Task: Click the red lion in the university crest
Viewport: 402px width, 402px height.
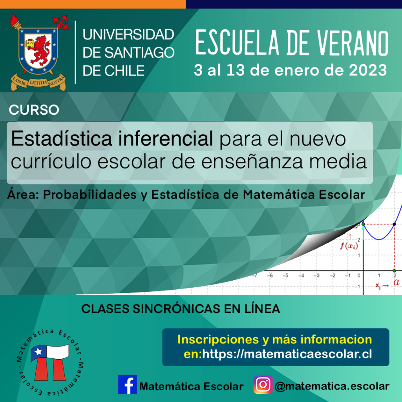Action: pyautogui.click(x=40, y=50)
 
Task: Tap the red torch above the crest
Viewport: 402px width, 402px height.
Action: pyautogui.click(x=15, y=22)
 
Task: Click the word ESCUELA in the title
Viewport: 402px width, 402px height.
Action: pyautogui.click(x=238, y=42)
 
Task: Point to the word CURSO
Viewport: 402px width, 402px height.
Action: pyautogui.click(x=34, y=110)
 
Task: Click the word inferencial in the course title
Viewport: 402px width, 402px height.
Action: pyautogui.click(x=165, y=139)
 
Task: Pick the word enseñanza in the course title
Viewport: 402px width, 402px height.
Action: pyautogui.click(x=252, y=161)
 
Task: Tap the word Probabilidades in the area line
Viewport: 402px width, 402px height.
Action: pyautogui.click(x=90, y=195)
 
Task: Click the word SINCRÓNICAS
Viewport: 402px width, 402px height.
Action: pyautogui.click(x=176, y=309)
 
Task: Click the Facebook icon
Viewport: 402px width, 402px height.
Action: pyautogui.click(x=128, y=385)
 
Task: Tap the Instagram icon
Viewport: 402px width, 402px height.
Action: pyautogui.click(x=263, y=385)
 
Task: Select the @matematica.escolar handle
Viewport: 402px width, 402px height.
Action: pyautogui.click(x=332, y=386)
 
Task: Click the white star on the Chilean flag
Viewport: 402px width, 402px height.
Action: pyautogui.click(x=38, y=351)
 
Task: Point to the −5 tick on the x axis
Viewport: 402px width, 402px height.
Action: pyautogui.click(x=285, y=276)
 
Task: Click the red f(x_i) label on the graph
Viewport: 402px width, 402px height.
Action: pyautogui.click(x=349, y=246)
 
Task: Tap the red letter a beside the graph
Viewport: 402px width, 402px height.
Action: pyautogui.click(x=397, y=282)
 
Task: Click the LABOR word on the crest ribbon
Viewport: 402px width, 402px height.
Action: pyautogui.click(x=20, y=82)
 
